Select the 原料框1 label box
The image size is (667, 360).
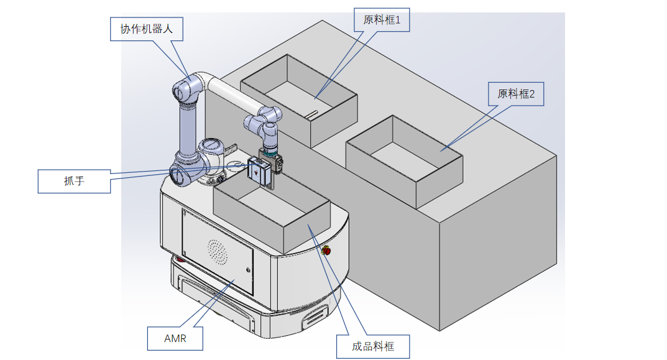(382, 21)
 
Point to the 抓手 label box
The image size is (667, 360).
(74, 181)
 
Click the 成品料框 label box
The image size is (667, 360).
(373, 346)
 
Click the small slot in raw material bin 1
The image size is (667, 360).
(311, 113)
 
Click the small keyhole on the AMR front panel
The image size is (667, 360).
(248, 270)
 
